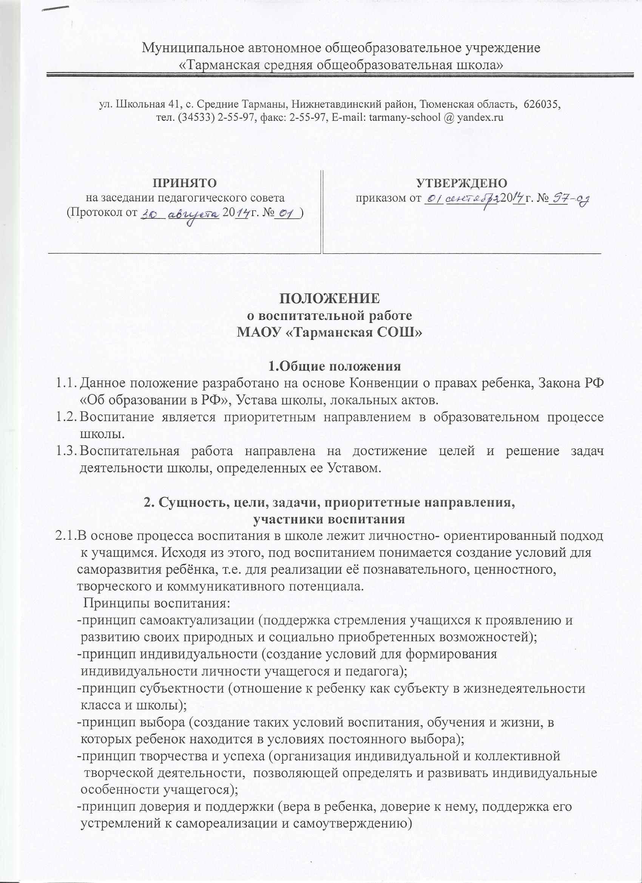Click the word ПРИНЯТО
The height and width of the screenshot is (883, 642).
(x=185, y=182)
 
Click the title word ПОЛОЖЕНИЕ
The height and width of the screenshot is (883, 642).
(x=329, y=298)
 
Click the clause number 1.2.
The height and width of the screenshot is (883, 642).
(x=65, y=417)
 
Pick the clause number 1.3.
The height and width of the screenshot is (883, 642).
(x=65, y=451)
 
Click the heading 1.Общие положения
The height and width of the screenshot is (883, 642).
(x=335, y=366)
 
